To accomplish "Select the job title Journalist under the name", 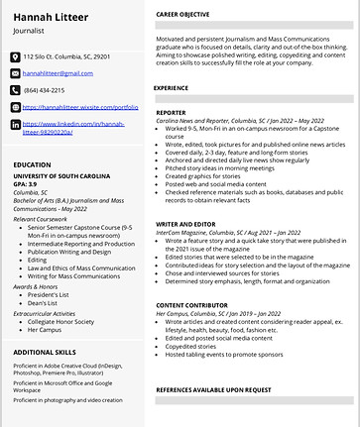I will (33, 32).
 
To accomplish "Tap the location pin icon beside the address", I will (16, 57).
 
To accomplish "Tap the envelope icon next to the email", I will (16, 73).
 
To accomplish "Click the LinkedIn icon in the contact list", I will (16, 125).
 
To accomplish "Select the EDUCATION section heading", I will (34, 164).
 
